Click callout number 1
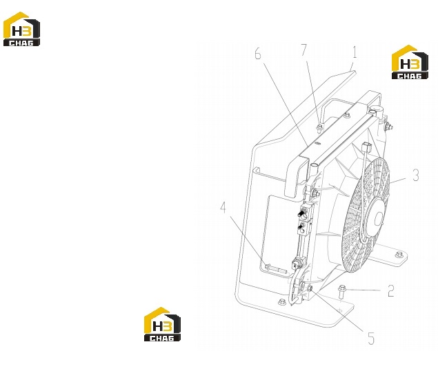[355, 52]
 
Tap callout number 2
[391, 291]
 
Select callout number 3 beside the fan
[416, 175]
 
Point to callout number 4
[223, 208]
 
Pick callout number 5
[370, 339]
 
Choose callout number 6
[258, 54]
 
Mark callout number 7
[304, 50]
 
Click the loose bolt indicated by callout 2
[341, 291]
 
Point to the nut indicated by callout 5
[310, 288]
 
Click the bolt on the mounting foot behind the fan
[399, 255]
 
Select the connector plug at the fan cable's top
[366, 147]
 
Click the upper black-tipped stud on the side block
[301, 214]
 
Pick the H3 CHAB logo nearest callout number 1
[410, 62]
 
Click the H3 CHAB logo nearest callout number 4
[162, 324]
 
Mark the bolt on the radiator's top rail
[347, 115]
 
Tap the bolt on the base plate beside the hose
[282, 302]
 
